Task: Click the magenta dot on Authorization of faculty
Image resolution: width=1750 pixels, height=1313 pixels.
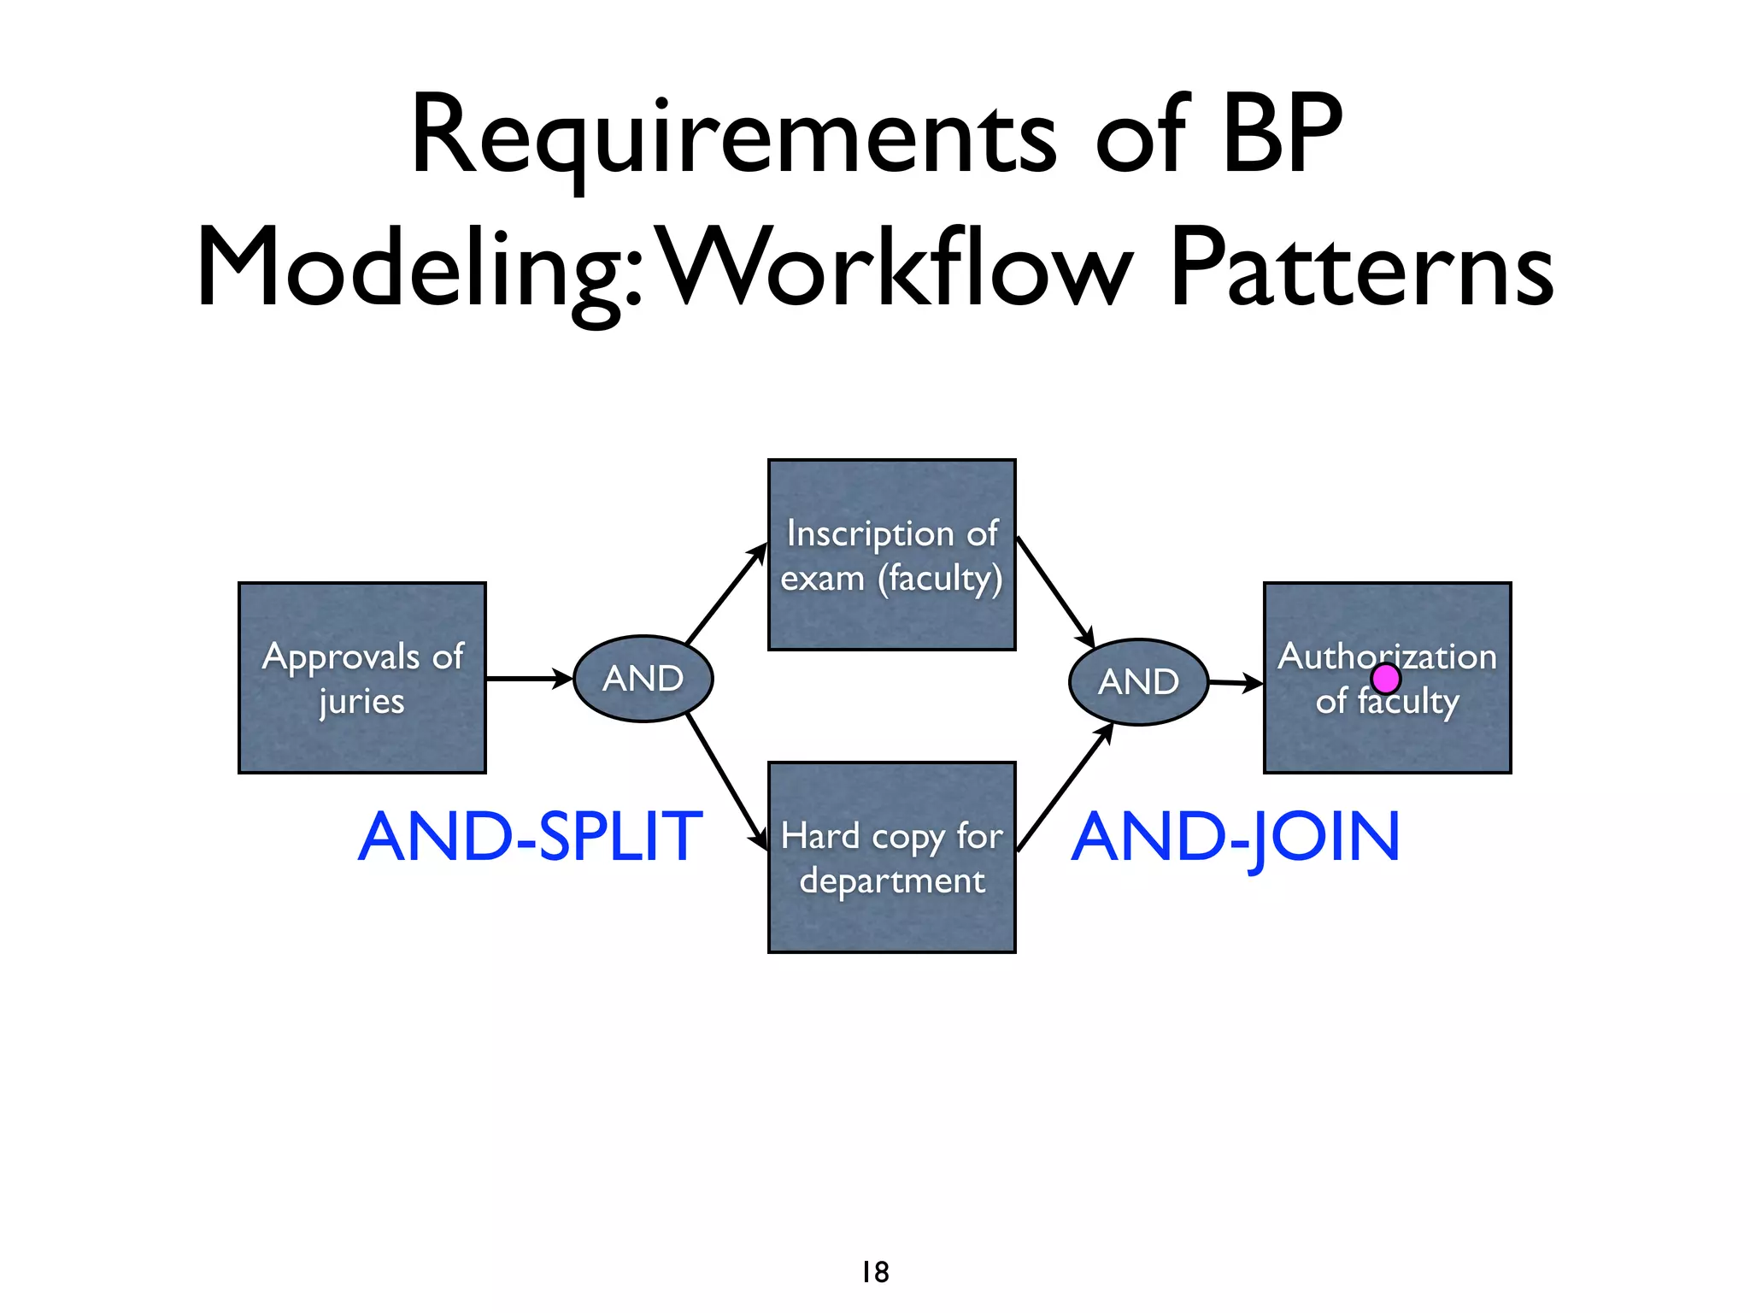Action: (x=1385, y=679)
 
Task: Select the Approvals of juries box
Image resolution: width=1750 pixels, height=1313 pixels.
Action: (x=362, y=678)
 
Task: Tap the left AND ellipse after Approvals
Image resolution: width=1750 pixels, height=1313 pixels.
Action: (x=643, y=679)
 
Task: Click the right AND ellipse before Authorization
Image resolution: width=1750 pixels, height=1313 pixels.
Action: (x=1138, y=682)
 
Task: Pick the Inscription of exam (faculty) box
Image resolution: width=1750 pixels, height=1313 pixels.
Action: (x=891, y=555)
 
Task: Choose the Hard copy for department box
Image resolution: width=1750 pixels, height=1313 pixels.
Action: (x=891, y=857)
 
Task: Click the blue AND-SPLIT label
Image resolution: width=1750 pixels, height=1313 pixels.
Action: (x=530, y=837)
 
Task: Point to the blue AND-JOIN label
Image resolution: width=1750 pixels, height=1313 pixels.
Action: (x=1236, y=837)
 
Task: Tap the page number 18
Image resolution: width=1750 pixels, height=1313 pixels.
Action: (x=875, y=1272)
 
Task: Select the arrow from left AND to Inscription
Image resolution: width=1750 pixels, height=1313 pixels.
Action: (x=726, y=592)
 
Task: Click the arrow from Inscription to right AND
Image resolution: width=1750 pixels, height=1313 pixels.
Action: (x=1055, y=592)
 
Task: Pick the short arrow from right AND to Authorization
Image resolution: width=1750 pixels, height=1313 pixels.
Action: (x=1236, y=683)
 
